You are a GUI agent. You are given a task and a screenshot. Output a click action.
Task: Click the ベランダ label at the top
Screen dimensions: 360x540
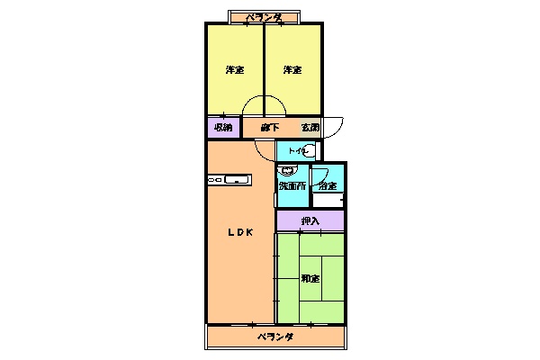(267, 17)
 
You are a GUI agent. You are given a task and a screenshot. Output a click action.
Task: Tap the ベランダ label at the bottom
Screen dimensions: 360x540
(274, 337)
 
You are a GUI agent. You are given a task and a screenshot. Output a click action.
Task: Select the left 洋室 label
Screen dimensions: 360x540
(234, 70)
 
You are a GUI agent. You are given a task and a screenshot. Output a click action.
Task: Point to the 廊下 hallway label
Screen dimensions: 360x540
(268, 127)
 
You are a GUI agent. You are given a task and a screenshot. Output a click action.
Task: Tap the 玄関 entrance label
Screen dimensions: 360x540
(310, 127)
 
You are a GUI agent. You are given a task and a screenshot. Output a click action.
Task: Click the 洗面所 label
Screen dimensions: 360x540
(292, 186)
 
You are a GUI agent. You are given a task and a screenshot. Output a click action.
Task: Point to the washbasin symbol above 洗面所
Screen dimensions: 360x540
(288, 170)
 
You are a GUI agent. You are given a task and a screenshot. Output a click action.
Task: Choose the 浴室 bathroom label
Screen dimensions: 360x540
(328, 186)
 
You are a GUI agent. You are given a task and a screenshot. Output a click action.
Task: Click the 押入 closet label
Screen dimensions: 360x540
(310, 220)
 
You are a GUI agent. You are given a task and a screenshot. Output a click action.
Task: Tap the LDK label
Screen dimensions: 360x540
(240, 233)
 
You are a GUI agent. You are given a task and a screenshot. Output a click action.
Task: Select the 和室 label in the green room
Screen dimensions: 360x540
(310, 278)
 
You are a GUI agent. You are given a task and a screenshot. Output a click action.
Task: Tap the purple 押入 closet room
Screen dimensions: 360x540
(329, 220)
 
